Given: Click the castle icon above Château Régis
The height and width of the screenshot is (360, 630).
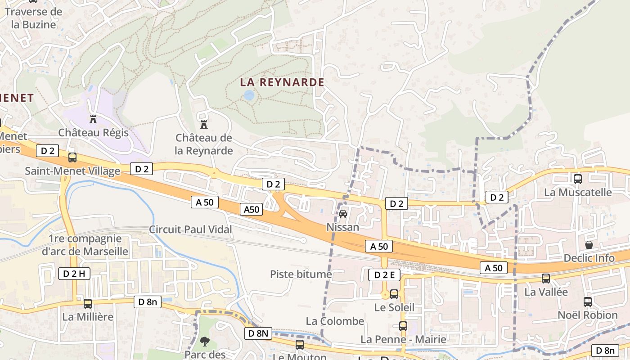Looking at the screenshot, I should point(93,119).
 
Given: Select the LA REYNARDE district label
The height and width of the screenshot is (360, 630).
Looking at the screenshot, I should point(282,82).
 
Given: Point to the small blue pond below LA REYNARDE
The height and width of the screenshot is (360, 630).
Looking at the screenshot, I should point(248,95).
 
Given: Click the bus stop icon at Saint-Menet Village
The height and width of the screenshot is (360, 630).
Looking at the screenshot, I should point(72,157).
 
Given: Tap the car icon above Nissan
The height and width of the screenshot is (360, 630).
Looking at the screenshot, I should point(343,214).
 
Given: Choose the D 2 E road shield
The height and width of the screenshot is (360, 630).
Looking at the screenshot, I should point(384,275).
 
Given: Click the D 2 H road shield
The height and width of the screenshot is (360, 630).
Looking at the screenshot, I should point(74,273).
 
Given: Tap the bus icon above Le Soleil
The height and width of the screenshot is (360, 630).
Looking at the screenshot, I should point(394,294).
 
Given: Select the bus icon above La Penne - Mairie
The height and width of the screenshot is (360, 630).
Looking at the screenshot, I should point(403,326).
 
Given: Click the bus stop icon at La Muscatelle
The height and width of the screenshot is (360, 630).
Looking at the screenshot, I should point(578,179).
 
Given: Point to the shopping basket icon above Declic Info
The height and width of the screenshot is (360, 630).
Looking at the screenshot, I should point(589,245).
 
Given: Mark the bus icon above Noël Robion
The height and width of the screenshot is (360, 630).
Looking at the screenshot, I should point(588,302).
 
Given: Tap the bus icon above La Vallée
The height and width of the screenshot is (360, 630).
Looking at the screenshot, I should point(546,279).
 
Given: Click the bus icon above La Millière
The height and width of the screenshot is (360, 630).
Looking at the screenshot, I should point(88,304).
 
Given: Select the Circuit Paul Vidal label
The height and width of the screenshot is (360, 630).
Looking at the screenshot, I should point(191,229).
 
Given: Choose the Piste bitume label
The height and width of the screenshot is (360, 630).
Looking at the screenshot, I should point(301,274).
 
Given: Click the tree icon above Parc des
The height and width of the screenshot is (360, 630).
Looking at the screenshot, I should point(205,342).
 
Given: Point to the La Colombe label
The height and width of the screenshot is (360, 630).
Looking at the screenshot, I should point(335,321).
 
